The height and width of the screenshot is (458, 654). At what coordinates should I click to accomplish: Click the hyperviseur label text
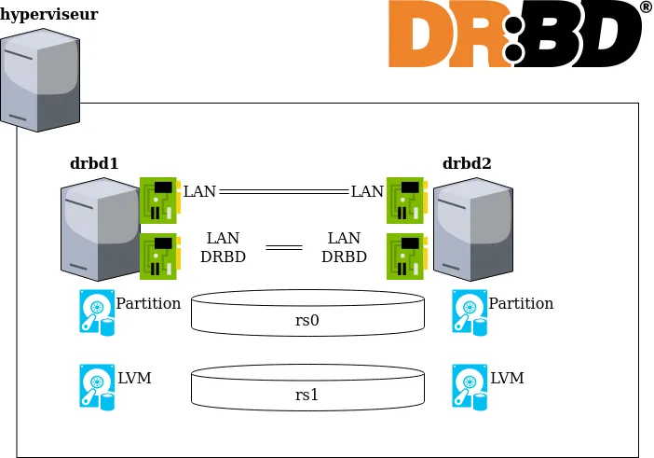(x=48, y=15)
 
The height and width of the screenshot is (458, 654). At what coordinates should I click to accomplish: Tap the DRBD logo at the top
(x=513, y=35)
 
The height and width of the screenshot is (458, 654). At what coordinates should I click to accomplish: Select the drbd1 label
(x=94, y=163)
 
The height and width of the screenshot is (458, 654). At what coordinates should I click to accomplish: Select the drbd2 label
(x=467, y=163)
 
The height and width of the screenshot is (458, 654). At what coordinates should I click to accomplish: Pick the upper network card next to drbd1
(x=159, y=201)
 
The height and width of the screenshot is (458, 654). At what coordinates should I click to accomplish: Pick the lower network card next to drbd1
(x=159, y=257)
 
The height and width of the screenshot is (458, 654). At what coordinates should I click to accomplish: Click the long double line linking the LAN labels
(x=283, y=191)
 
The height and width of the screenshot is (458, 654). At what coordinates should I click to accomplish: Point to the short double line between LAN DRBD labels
(x=283, y=247)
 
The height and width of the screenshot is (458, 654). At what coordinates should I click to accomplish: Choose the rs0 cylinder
(x=307, y=312)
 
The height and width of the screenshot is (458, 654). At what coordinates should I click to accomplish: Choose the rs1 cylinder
(x=307, y=386)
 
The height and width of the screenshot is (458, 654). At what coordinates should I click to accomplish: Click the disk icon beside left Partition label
(x=97, y=312)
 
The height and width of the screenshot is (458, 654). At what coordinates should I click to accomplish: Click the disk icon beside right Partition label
(x=470, y=312)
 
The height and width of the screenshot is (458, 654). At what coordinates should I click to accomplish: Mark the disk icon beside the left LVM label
(x=97, y=386)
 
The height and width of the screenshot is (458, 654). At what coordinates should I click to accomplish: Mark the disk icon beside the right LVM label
(x=470, y=386)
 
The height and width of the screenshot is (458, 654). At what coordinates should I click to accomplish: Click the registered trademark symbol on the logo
(x=646, y=7)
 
